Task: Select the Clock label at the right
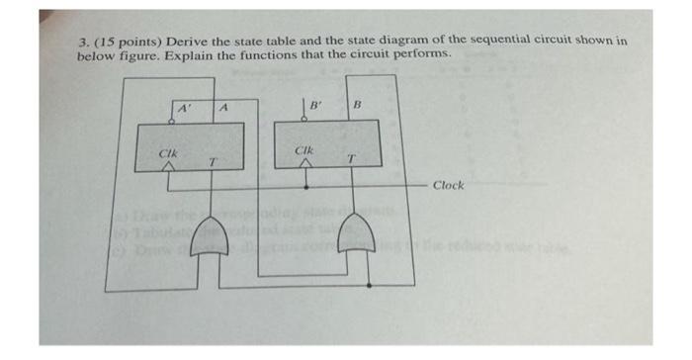click(x=450, y=185)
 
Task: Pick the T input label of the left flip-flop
click(x=212, y=160)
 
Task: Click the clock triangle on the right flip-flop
click(x=305, y=166)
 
